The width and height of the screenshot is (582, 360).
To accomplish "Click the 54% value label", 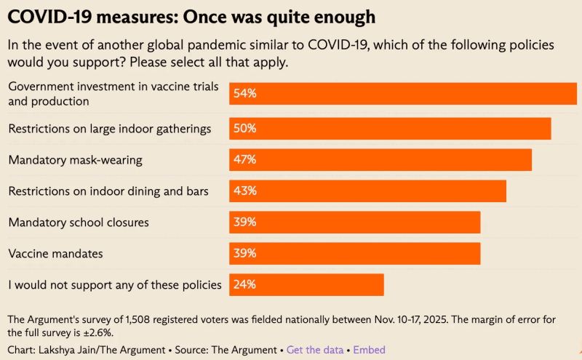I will pos(244,94).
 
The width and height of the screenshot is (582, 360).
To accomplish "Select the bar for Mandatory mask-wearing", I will pos(380,160).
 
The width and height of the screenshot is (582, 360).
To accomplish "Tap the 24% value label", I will pos(244,284).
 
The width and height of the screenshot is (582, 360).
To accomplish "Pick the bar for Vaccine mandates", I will pos(355,254).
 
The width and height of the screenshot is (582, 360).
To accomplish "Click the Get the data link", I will pos(315,350).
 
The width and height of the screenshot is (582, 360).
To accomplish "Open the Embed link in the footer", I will pos(370,350).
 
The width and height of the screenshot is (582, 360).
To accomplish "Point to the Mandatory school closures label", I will pos(79,223).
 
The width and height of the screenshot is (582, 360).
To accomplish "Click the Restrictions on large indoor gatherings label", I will pos(110,129).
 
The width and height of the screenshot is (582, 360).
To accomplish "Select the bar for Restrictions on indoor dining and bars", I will pos(367,191).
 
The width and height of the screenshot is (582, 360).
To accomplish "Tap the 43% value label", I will pos(244,191).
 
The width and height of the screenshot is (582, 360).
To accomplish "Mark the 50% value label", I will pos(244,129).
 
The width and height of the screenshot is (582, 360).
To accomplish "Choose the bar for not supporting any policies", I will pos(306,284).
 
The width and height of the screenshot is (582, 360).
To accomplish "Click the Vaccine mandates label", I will pos(55,254).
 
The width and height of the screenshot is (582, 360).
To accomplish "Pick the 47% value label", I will pos(244,160).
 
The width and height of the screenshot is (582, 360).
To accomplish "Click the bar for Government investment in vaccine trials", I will pos(403,94).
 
